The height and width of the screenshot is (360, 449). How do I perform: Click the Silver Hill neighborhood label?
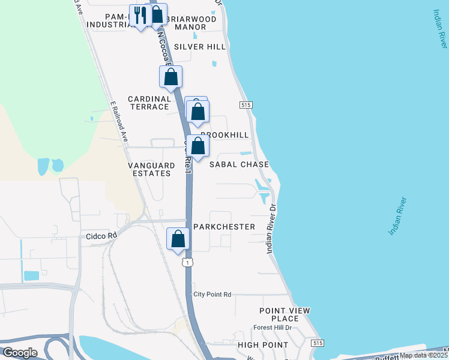point(199,47)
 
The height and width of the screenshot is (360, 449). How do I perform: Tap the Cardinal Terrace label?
point(149,103)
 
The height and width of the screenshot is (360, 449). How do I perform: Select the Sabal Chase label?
point(238,164)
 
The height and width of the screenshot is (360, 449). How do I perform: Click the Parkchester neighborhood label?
point(224,227)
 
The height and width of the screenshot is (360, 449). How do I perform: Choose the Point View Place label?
point(285,314)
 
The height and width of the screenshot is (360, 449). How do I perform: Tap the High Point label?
point(263,345)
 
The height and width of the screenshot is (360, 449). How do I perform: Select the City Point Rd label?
point(212,295)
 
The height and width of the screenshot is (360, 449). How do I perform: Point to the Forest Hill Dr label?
point(272,328)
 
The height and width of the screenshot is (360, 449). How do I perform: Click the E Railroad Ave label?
point(119,120)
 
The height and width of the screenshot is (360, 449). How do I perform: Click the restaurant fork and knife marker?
point(140,16)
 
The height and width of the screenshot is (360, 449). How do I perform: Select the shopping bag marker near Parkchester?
point(178,239)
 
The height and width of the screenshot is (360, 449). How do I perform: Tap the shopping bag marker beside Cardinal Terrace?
point(170,77)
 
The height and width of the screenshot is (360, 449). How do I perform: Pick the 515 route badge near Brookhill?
point(245,105)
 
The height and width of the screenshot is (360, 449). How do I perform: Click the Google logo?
point(20,353)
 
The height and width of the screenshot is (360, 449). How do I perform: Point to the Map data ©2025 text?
point(423,355)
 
